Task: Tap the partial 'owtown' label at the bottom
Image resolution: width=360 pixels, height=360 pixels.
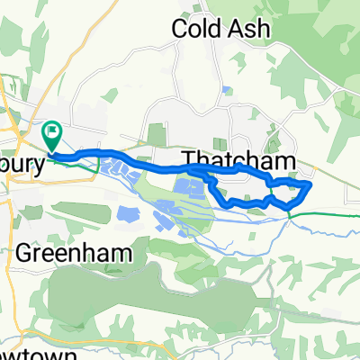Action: [19, 353]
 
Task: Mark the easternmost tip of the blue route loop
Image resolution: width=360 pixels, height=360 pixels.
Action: [310, 185]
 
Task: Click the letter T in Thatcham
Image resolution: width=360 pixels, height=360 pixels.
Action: [191, 160]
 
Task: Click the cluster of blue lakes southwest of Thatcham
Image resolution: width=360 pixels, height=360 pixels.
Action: [193, 189]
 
